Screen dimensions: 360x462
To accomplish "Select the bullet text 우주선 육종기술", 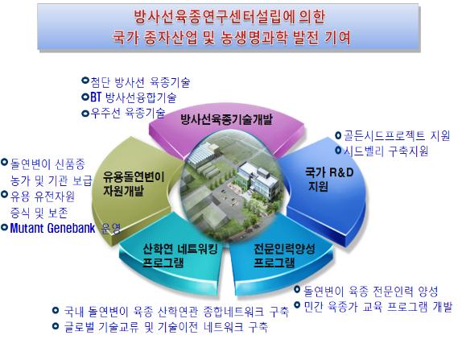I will (x=129, y=113).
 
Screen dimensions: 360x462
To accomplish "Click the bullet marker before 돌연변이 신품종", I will (x=6, y=161).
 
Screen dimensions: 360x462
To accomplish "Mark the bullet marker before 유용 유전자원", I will (x=6, y=194).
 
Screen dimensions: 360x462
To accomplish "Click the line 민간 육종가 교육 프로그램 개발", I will (x=377, y=306).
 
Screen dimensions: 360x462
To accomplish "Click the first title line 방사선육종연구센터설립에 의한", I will (x=233, y=18).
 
